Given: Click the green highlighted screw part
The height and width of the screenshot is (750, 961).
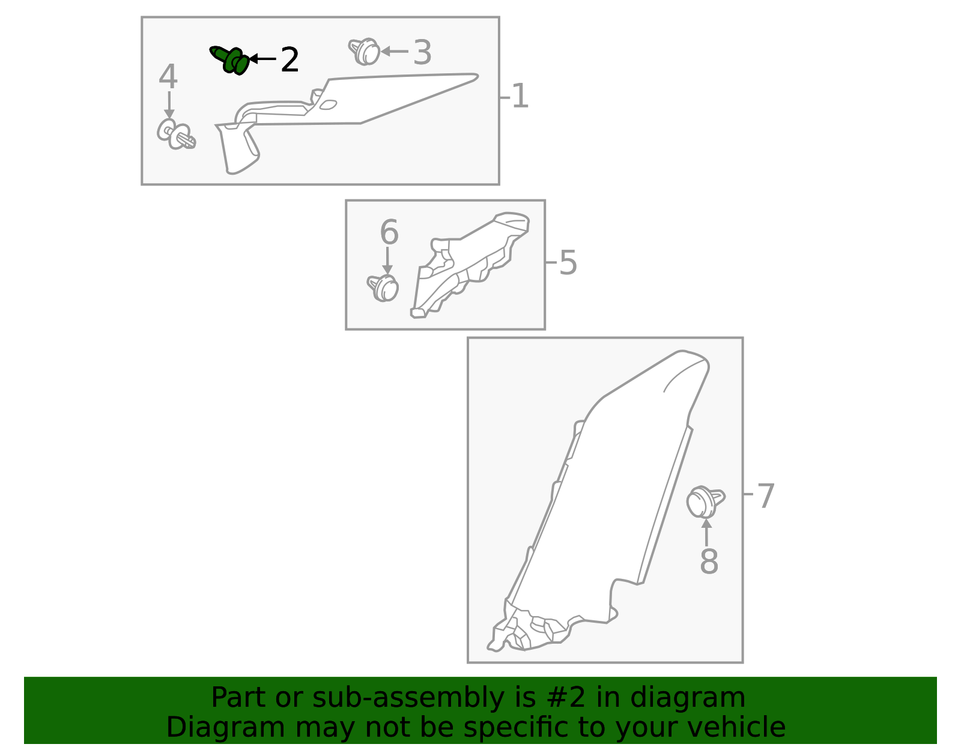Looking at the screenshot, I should [x=231, y=60].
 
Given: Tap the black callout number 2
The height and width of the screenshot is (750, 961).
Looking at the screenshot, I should [x=290, y=60].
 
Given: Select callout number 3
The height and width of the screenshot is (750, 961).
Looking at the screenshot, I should [x=422, y=53].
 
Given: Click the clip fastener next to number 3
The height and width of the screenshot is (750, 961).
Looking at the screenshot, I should [x=365, y=52].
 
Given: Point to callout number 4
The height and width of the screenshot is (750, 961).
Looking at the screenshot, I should [x=168, y=77].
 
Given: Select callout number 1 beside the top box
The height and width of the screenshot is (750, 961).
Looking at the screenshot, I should [x=520, y=97].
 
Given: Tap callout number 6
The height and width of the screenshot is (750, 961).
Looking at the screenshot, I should [x=389, y=232].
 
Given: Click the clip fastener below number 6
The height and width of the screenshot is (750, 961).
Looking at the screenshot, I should [x=384, y=288].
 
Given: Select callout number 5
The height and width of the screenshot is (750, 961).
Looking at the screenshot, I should [x=568, y=263].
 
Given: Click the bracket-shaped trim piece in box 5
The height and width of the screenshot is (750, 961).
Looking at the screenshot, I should [x=468, y=264].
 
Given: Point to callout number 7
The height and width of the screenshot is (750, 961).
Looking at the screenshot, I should [x=765, y=497].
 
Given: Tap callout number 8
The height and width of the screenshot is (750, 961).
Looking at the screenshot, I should [x=709, y=562].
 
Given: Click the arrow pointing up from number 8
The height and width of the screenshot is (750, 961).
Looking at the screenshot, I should [x=707, y=532].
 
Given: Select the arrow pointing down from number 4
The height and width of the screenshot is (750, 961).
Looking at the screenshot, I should [x=169, y=105].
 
